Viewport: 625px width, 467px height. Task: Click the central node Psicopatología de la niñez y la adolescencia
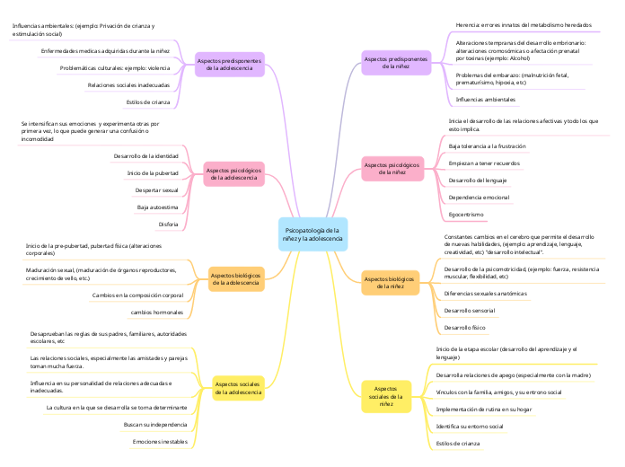tap(312, 234)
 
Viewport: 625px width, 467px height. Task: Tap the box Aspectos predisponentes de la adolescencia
tap(229, 63)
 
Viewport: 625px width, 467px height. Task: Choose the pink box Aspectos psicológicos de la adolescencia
tap(233, 173)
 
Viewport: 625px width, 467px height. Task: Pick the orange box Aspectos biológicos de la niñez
tap(390, 283)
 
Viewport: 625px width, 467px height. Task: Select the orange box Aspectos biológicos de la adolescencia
tap(236, 279)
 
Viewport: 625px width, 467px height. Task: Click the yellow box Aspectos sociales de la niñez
tap(386, 395)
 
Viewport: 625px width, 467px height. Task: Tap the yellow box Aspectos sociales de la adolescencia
tap(238, 388)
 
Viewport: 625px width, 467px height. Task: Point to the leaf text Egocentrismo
tap(466, 215)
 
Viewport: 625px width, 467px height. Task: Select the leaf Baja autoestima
tap(157, 207)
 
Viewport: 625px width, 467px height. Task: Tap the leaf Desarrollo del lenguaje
tap(477, 181)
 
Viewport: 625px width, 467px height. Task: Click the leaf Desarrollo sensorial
tap(470, 311)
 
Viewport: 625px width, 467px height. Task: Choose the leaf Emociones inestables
tap(160, 442)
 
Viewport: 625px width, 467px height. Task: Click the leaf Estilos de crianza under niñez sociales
tap(458, 444)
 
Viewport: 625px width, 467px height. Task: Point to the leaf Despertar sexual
tap(156, 190)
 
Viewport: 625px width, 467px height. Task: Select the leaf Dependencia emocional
tap(479, 198)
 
